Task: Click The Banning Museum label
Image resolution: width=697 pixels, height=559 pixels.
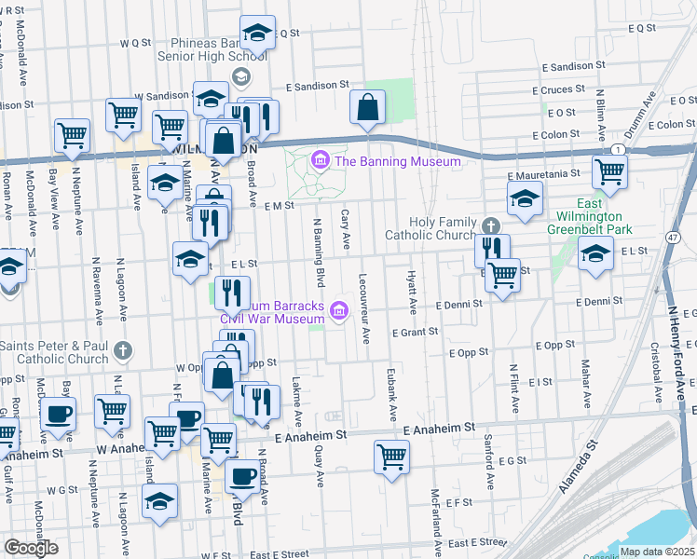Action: tap(398, 161)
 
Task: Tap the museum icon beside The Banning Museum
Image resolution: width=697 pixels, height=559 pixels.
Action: tap(321, 161)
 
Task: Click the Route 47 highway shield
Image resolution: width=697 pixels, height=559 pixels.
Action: tap(673, 238)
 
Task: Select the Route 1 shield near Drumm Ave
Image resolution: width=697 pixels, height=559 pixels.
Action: tap(617, 150)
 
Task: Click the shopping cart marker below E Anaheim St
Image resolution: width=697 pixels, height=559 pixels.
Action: tap(391, 457)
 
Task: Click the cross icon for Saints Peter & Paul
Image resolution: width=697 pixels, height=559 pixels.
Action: tap(122, 351)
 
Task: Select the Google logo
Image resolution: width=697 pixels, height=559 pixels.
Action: tap(30, 547)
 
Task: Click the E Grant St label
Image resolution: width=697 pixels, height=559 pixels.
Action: tap(415, 332)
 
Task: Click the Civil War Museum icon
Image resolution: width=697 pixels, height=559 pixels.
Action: tap(338, 309)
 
